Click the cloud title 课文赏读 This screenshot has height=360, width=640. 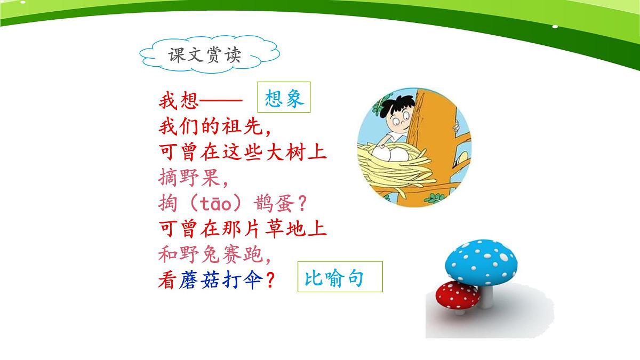204,55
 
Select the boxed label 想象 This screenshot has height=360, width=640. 284,99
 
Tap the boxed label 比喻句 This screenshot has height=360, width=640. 340,277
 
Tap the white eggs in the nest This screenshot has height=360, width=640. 390,154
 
